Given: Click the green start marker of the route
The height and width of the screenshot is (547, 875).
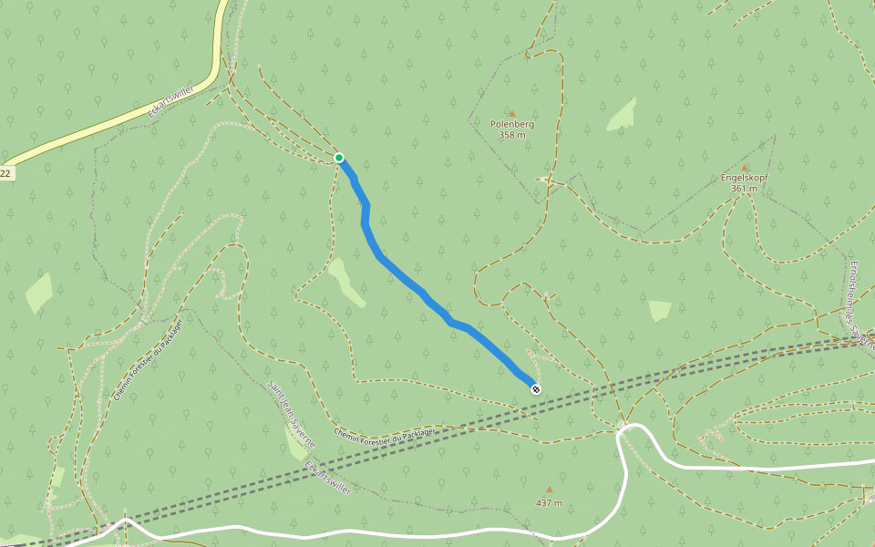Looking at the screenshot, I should point(339,158).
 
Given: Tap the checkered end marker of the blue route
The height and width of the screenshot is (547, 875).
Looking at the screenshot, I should point(535,389).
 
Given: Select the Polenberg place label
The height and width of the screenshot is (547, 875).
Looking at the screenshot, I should point(512,124).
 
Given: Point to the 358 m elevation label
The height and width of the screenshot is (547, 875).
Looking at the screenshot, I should point(512,135).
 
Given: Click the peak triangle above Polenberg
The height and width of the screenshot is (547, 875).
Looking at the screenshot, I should point(511,113).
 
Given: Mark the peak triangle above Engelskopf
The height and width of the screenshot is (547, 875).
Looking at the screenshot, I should point(745,167).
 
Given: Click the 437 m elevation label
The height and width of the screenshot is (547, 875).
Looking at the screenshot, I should point(549,502).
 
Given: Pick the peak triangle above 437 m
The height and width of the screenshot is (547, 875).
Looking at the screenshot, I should point(549,490).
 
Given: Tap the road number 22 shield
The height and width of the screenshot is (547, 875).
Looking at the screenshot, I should point(5,172).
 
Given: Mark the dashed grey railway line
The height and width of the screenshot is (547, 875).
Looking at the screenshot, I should point(456,428).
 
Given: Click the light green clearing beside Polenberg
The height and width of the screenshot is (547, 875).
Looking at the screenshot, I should point(622,115).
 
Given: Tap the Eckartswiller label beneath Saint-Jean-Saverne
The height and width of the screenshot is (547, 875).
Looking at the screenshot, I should point(328,478).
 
